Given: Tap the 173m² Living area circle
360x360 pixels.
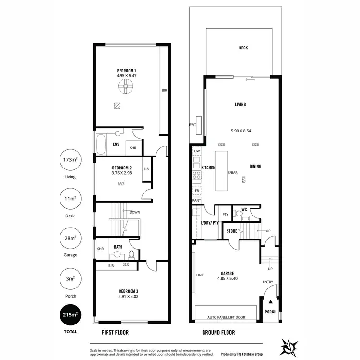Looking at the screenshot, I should (x=70, y=160).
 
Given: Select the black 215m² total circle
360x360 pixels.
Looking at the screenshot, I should (x=70, y=315).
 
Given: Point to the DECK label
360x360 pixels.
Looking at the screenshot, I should (x=243, y=48).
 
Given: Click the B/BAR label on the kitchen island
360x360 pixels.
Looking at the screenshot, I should (x=232, y=172).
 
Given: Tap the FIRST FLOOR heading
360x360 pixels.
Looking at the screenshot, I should (x=115, y=332).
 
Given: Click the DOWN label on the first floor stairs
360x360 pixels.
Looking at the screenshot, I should (x=135, y=211).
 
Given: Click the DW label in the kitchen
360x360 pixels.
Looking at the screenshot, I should (x=197, y=151).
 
